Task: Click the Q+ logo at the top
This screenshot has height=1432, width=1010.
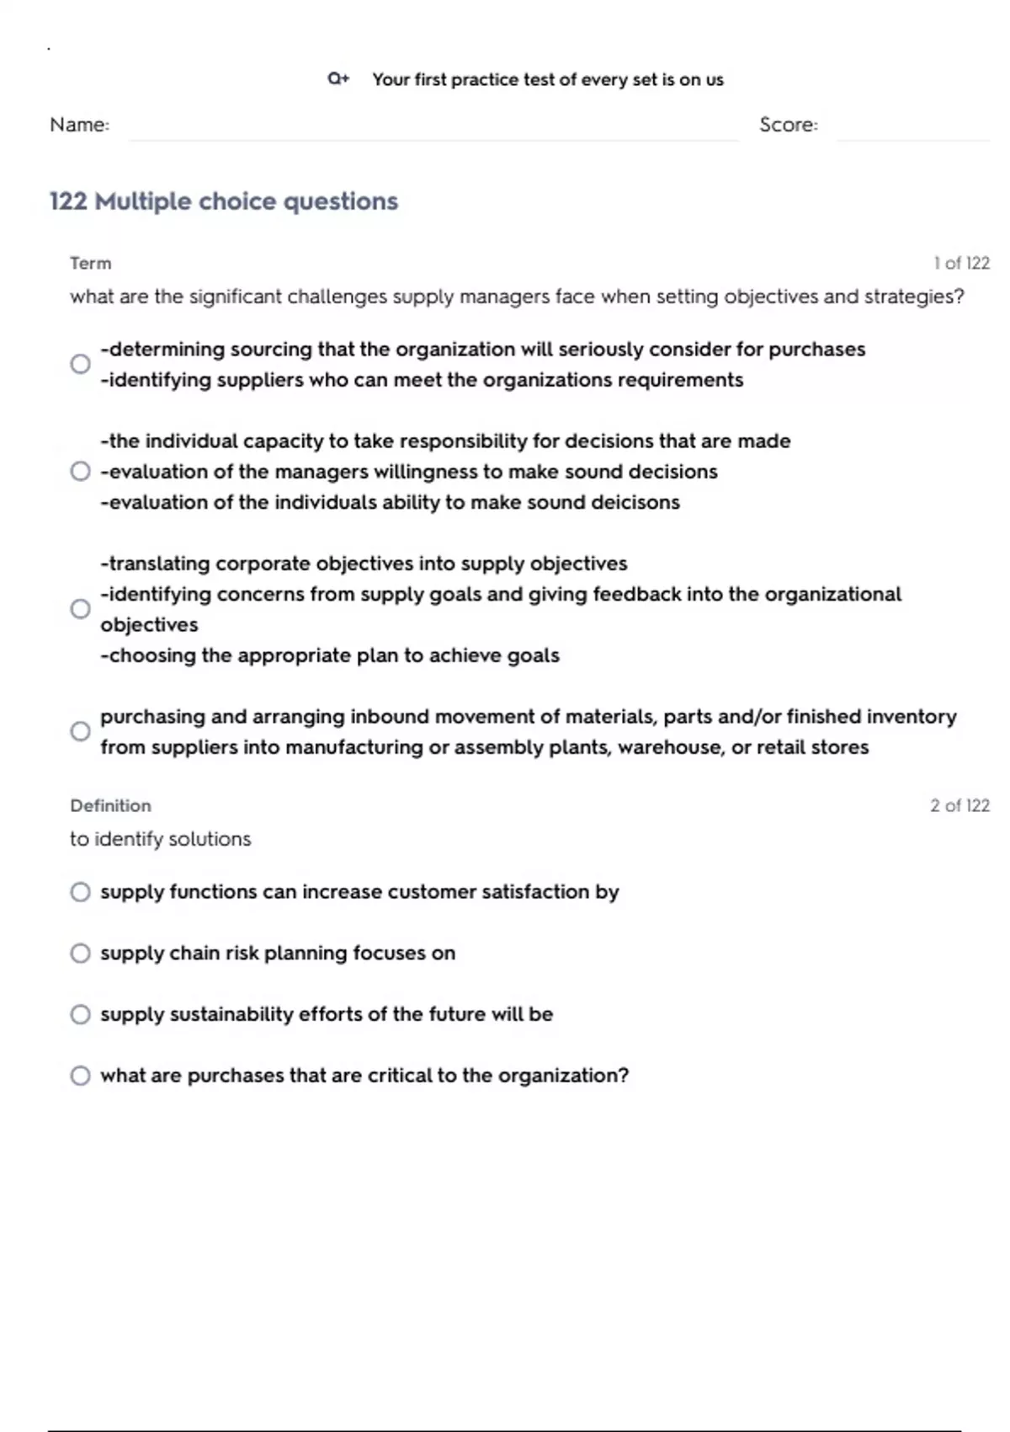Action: [338, 79]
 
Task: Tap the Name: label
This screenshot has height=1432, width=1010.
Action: [79, 125]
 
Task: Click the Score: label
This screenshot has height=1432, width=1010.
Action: [788, 125]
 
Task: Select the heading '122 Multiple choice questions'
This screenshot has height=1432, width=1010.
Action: [223, 201]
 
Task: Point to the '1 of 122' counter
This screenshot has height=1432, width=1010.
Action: [960, 264]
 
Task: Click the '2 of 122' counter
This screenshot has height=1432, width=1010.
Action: [959, 806]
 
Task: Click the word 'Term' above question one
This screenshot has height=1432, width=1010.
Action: [90, 264]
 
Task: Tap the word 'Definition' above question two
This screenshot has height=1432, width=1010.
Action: [110, 806]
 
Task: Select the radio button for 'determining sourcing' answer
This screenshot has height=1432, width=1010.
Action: [80, 364]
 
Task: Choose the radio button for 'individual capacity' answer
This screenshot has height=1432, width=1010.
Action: [80, 471]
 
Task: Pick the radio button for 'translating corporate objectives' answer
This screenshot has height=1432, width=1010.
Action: [80, 608]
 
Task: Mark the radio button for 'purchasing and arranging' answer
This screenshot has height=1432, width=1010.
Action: [80, 731]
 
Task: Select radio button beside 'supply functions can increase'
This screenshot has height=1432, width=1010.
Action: [80, 892]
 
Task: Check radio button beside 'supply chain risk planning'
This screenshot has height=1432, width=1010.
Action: [80, 953]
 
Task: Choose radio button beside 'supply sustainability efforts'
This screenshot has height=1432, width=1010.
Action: [80, 1014]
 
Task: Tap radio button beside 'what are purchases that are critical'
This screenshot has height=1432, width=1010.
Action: [80, 1076]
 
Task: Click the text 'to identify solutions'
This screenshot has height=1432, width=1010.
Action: [160, 839]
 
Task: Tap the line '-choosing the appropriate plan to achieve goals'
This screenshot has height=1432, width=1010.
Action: [329, 656]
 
